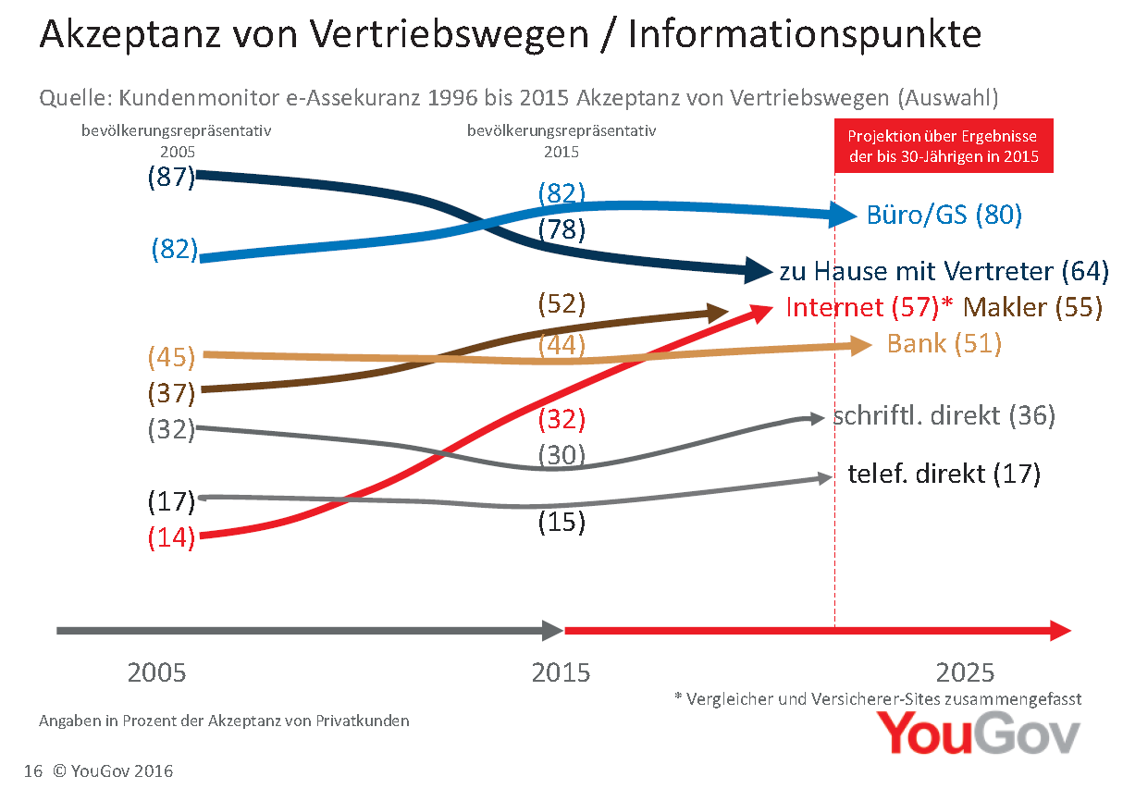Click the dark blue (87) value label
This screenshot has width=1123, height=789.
[172, 177]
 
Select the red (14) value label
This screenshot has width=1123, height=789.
[172, 537]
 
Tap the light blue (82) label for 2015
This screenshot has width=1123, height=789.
[562, 193]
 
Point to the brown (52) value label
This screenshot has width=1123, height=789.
[561, 303]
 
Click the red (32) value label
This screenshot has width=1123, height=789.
[561, 419]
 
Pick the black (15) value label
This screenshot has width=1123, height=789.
[561, 522]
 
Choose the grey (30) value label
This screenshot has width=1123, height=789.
[561, 455]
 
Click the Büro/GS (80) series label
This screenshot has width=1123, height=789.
[944, 216]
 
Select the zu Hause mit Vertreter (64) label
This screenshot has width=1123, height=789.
[944, 271]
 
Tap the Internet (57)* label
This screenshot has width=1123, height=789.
[869, 307]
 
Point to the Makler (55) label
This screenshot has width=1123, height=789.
[1032, 307]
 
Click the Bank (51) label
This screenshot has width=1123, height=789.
[944, 344]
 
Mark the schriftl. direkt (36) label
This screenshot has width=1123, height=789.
[944, 416]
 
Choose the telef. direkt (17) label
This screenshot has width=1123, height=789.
[944, 475]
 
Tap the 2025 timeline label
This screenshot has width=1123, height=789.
[965, 672]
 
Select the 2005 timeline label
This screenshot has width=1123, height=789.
[156, 672]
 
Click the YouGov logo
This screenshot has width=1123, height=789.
[978, 734]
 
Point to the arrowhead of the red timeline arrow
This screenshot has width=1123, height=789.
[1060, 631]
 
